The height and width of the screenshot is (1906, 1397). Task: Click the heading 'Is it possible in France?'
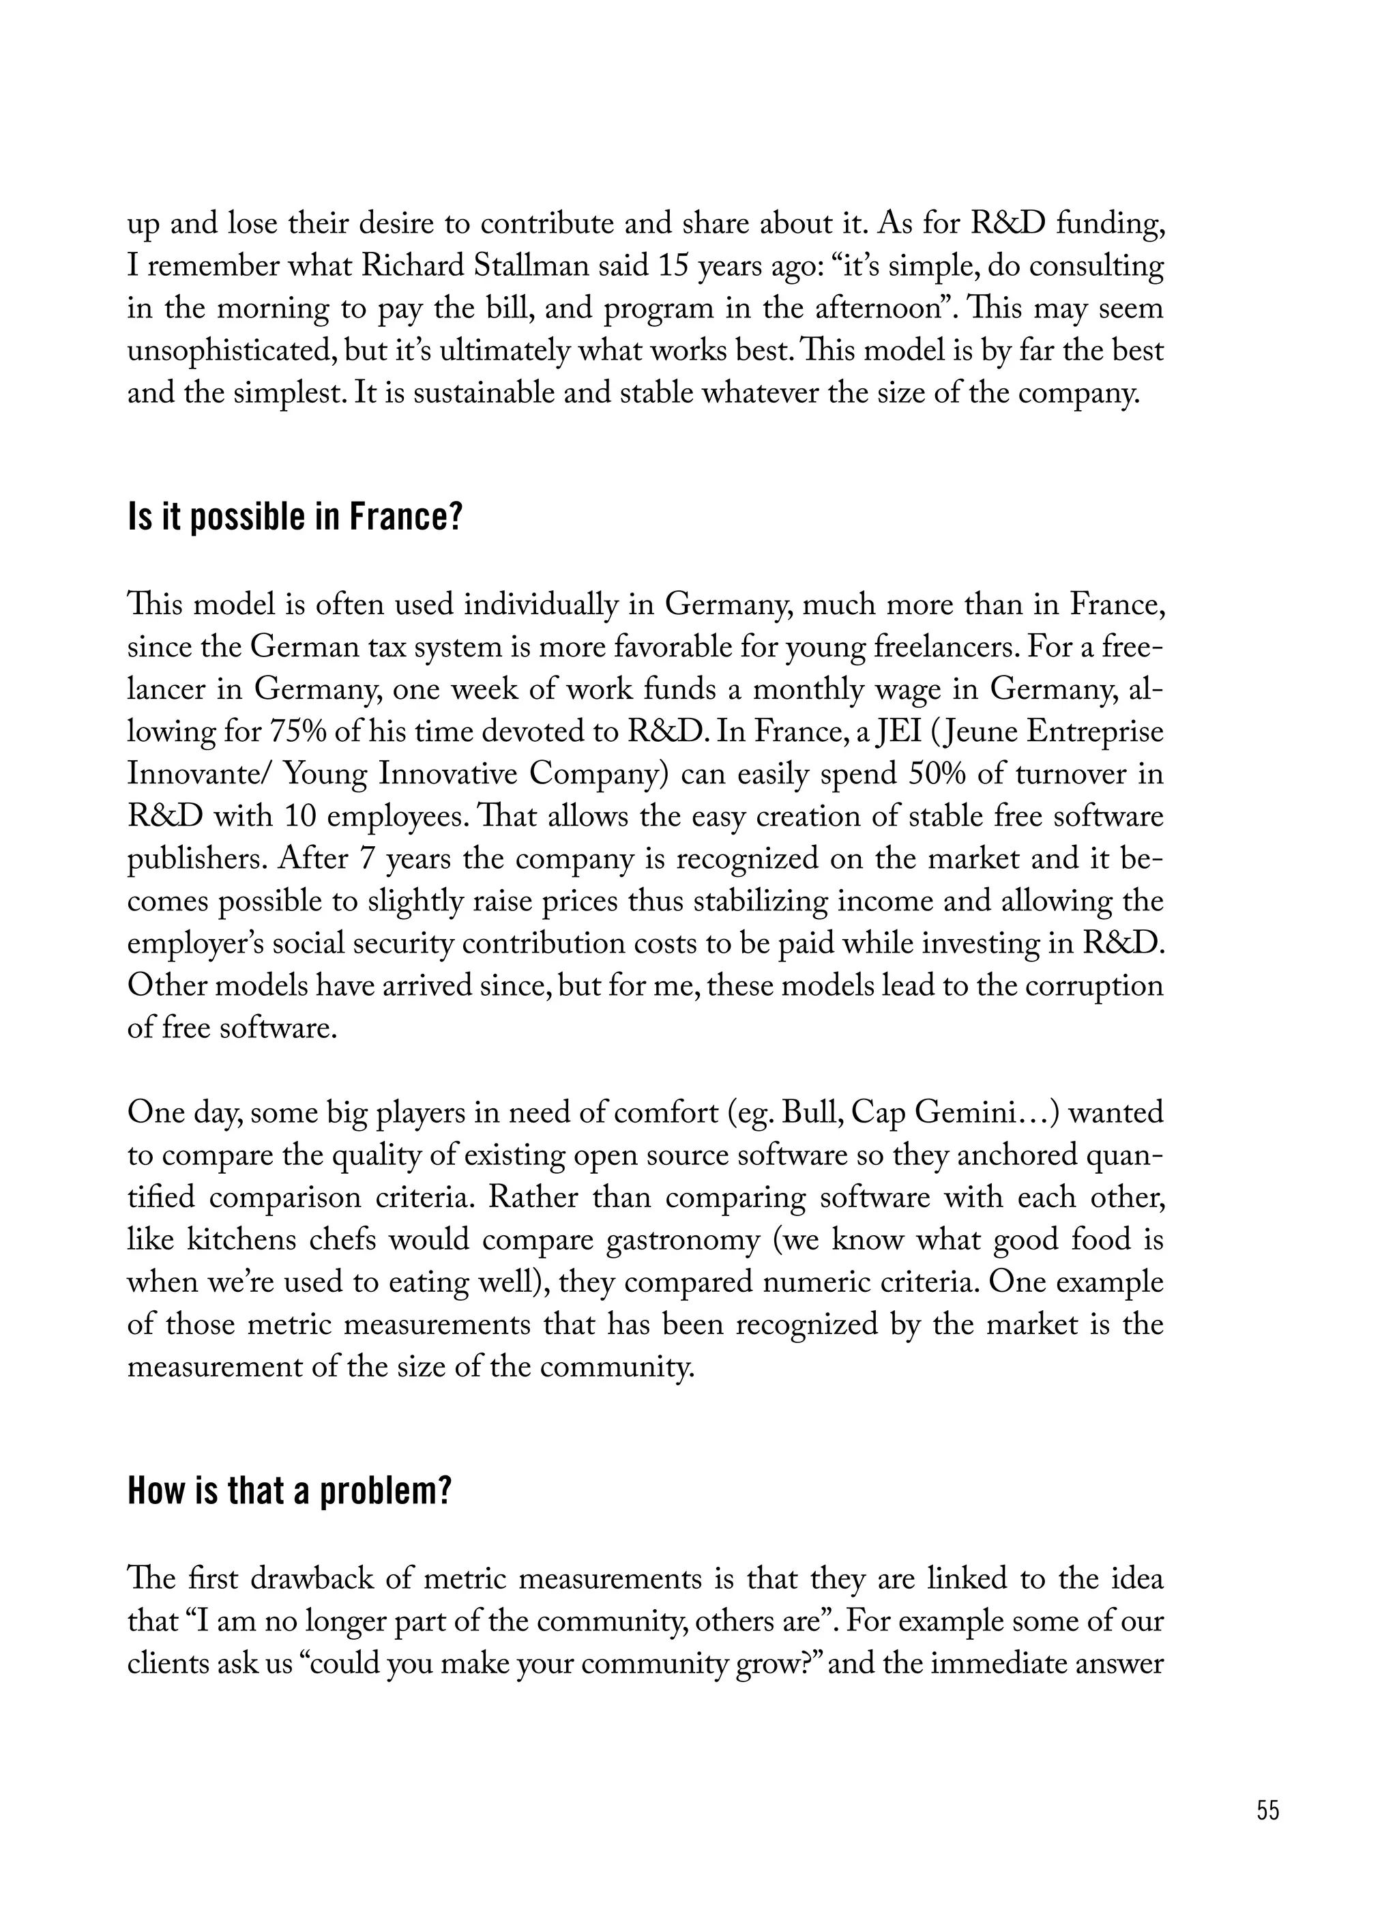295,517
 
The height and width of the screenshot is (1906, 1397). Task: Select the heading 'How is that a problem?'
289,1492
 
